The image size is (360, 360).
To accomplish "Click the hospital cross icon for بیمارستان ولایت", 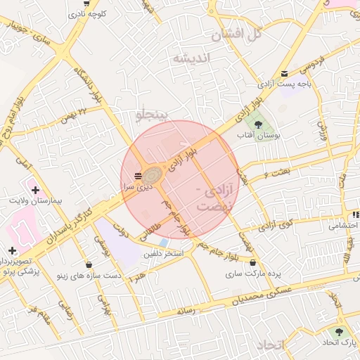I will click(x=35, y=191).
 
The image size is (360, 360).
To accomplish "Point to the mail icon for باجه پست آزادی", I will click(x=284, y=73).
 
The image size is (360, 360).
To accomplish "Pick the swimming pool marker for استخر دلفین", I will click(x=164, y=243).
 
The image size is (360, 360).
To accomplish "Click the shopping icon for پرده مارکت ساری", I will click(x=252, y=263).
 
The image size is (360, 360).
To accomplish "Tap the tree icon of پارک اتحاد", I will click(x=341, y=332).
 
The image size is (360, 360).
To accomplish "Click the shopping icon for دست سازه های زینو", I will click(x=89, y=265).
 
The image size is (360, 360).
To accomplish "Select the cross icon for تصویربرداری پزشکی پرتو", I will click(x=12, y=250).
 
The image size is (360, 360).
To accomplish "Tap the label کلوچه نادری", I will click(x=87, y=13).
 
